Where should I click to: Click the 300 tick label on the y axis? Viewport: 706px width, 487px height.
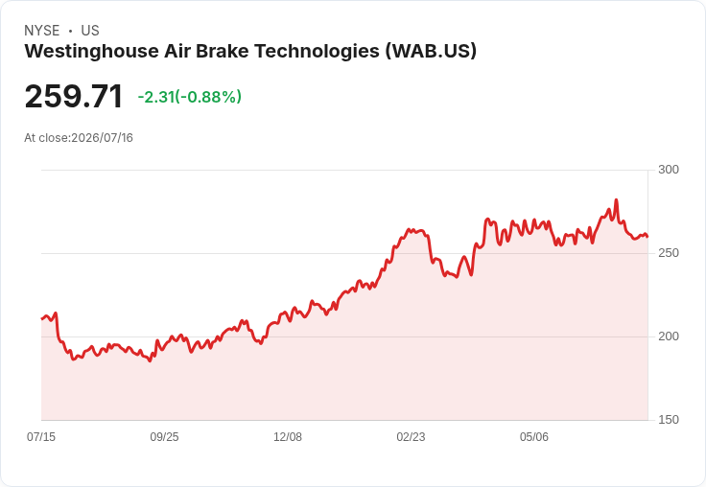point(669,170)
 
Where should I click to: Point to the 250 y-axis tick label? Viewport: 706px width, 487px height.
point(669,253)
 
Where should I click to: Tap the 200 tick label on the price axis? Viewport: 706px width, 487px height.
point(669,336)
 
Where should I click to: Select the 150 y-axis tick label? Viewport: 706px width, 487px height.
point(669,420)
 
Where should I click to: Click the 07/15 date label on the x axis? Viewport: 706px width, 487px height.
point(41,436)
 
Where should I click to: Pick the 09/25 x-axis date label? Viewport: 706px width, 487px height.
point(164,436)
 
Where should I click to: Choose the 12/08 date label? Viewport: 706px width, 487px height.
point(288,436)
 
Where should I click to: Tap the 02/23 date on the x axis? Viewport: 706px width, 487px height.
point(411,436)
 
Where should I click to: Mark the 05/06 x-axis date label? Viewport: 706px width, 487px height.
point(534,436)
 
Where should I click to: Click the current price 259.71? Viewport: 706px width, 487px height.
point(74,96)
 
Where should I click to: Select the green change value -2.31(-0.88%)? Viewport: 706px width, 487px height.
point(190,97)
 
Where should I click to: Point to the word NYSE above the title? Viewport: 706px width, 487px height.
point(42,31)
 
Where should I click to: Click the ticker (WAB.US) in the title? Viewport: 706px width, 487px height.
point(431,51)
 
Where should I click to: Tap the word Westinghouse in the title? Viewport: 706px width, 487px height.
point(91,52)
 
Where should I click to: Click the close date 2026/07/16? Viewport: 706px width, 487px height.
point(103,138)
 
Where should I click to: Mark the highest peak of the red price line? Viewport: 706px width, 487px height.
point(616,199)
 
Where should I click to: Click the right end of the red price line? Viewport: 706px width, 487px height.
point(647,236)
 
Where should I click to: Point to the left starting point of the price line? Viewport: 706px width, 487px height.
point(42,318)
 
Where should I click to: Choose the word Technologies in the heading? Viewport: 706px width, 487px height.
point(317,52)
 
